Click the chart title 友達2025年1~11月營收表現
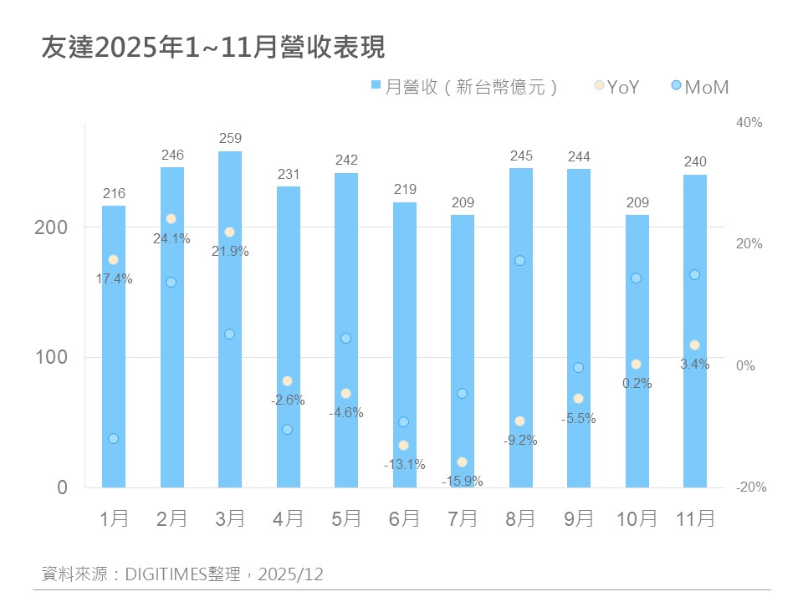213,48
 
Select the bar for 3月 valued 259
230,318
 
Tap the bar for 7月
463,351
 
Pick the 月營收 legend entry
464,86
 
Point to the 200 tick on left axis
50,227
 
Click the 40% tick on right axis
749,122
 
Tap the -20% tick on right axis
749,487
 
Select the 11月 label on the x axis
695,519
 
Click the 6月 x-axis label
405,519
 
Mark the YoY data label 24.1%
171,238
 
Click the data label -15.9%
463,481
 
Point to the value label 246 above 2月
172,155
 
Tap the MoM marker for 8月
519,261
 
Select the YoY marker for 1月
113,260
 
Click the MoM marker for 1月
113,439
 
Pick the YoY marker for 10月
636,365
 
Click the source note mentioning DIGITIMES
182,574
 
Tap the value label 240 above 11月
695,162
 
